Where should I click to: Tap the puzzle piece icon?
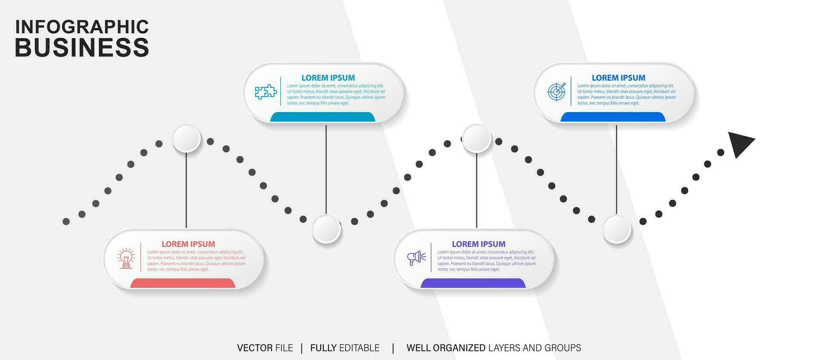pos(266,92)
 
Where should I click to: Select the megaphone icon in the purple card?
pos(416,258)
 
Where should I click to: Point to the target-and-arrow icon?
pos(556,92)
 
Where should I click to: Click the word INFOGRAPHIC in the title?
pos(82,27)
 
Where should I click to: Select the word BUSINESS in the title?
pos(82,47)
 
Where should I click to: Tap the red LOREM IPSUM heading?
pos(188,244)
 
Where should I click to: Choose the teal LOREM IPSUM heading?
pos(328,78)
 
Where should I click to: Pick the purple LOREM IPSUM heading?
pos(478,244)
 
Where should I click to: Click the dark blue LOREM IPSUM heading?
pos(618,78)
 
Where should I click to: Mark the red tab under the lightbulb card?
pos(183,283)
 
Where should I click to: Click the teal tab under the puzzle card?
pos(323,117)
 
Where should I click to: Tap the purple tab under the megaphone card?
pos(473,283)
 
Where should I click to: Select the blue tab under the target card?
pos(613,117)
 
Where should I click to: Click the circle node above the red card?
pos(187,138)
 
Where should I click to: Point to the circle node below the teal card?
pos(326,229)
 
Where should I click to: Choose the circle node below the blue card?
pos(616,229)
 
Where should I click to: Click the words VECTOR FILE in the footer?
pos(265,348)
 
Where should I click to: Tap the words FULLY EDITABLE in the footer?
pos(345,348)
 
